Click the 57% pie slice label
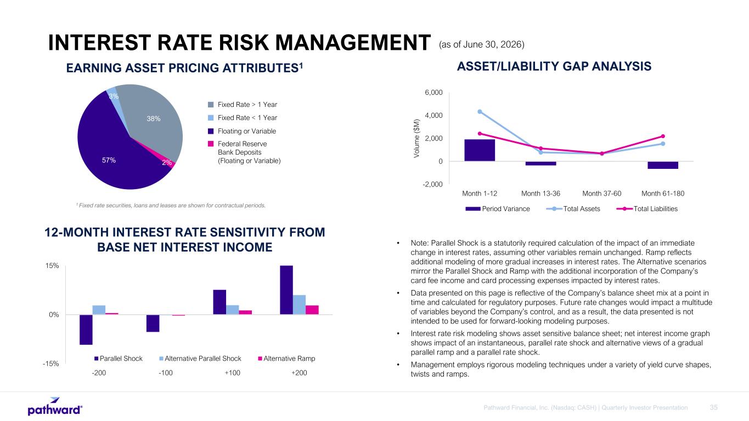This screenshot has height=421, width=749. coord(109,161)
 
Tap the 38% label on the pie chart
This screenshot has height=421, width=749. coord(154,118)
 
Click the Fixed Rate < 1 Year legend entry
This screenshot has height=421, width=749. coord(243,118)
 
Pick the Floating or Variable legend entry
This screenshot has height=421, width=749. coord(242,131)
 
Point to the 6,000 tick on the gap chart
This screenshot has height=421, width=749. coord(433,92)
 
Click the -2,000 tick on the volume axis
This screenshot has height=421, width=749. coord(432,184)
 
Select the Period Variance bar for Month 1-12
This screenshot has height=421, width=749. coord(480,150)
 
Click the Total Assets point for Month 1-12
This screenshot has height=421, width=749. coord(480,112)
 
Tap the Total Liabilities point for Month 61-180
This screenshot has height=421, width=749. coord(663,136)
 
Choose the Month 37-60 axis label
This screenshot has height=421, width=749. coord(601,194)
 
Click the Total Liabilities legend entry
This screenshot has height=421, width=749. coord(647,209)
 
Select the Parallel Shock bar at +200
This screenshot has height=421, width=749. coord(286,290)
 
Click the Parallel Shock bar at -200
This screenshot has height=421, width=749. coord(86,329)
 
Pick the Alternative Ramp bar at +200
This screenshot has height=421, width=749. coord(312,310)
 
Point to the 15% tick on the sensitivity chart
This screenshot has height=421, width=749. coord(52,266)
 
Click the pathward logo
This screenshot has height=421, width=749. coord(55,406)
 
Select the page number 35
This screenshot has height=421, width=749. coord(713,407)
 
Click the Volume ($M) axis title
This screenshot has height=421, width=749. coord(416,138)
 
